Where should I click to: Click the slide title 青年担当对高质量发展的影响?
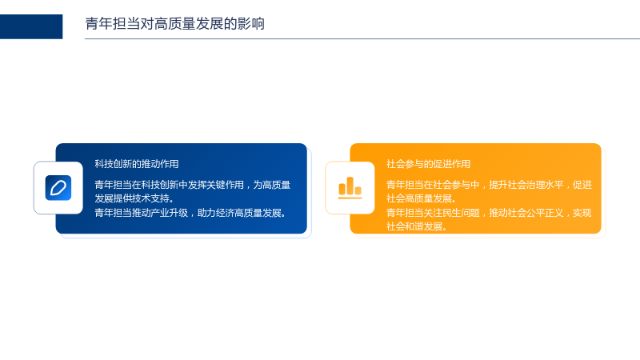(174, 24)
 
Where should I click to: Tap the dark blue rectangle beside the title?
(31, 26)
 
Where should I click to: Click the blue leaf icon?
(58, 188)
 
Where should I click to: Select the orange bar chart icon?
(350, 188)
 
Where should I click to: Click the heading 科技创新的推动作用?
(137, 164)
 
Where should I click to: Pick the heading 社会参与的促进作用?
(428, 164)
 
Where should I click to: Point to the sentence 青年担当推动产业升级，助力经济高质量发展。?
(191, 213)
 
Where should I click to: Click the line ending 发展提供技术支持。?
(134, 198)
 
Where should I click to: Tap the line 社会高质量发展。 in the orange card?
(422, 198)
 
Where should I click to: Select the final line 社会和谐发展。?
(417, 226)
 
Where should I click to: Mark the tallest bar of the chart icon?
(350, 186)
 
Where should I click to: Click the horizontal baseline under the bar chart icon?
(350, 198)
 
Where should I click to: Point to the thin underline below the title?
(362, 38)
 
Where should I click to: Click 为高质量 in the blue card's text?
(272, 185)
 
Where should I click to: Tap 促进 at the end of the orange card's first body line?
(582, 185)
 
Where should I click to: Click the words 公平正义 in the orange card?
(545, 213)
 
